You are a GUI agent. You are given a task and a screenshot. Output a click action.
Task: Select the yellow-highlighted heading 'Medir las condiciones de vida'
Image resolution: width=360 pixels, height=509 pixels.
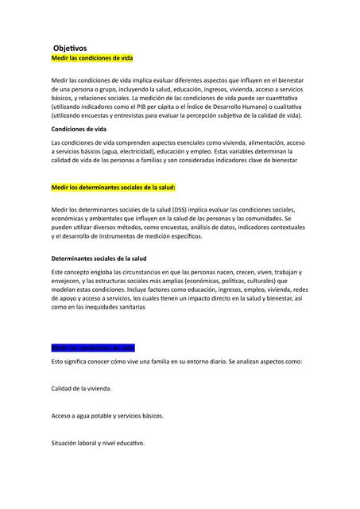point(91,59)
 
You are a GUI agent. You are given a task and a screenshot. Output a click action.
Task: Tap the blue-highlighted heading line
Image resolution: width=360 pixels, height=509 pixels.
point(93,348)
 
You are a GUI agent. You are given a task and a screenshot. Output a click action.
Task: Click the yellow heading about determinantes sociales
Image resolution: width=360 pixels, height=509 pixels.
point(113,188)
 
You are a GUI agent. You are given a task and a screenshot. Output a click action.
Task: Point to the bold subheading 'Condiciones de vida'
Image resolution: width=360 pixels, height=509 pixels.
point(79,129)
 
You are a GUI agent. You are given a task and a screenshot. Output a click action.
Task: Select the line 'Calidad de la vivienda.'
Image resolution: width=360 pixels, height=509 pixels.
point(81,389)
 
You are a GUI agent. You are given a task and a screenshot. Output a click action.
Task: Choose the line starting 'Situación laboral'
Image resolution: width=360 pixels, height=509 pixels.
point(98,443)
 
